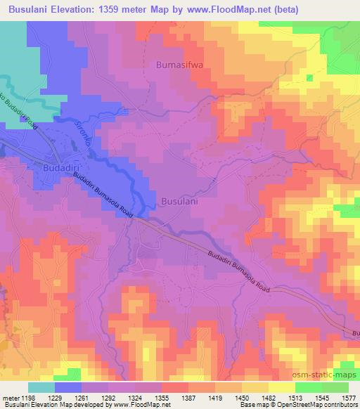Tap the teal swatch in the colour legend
(x=41, y=387)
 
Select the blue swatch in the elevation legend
(x=68, y=387)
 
